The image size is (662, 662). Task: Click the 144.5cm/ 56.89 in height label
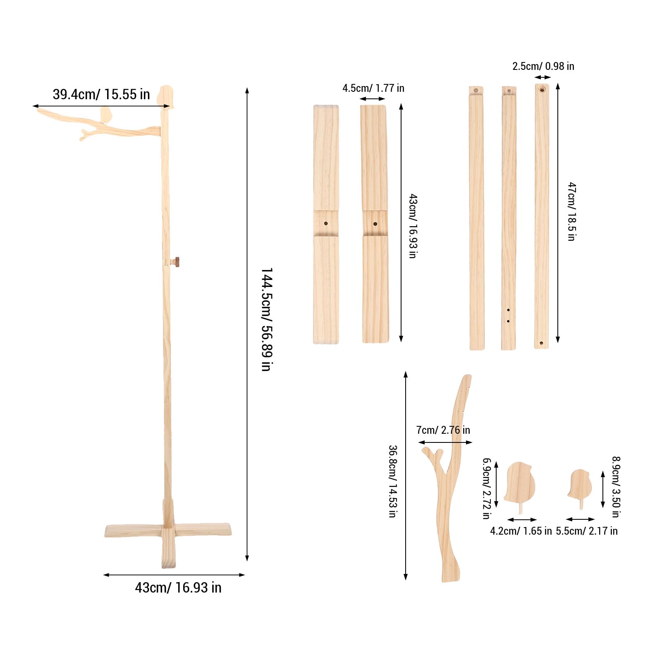pyautogui.click(x=267, y=319)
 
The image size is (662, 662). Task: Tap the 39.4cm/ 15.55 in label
pyautogui.click(x=101, y=94)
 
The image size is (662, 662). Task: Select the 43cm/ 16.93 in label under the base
pyautogui.click(x=178, y=588)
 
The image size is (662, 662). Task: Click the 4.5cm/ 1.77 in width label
pyautogui.click(x=373, y=88)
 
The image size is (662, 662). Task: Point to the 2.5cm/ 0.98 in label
pyautogui.click(x=543, y=66)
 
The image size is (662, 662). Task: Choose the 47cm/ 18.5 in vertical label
pyautogui.click(x=571, y=211)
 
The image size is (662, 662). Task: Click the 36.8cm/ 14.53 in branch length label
pyautogui.click(x=392, y=481)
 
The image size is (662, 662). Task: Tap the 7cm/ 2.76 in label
pyautogui.click(x=443, y=430)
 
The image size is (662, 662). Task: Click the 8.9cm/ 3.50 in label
pyautogui.click(x=616, y=487)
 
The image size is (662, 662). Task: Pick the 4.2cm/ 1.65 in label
pyautogui.click(x=521, y=531)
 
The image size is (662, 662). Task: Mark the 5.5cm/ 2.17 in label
pyautogui.click(x=586, y=531)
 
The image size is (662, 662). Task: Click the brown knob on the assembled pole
pyautogui.click(x=177, y=261)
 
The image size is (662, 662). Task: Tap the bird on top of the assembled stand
pyautogui.click(x=165, y=96)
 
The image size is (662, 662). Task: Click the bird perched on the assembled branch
pyautogui.click(x=106, y=115)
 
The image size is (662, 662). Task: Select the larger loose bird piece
pyautogui.click(x=520, y=483)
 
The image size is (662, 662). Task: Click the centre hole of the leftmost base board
pyautogui.click(x=326, y=223)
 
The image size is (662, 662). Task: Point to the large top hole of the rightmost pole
pyautogui.click(x=542, y=89)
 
